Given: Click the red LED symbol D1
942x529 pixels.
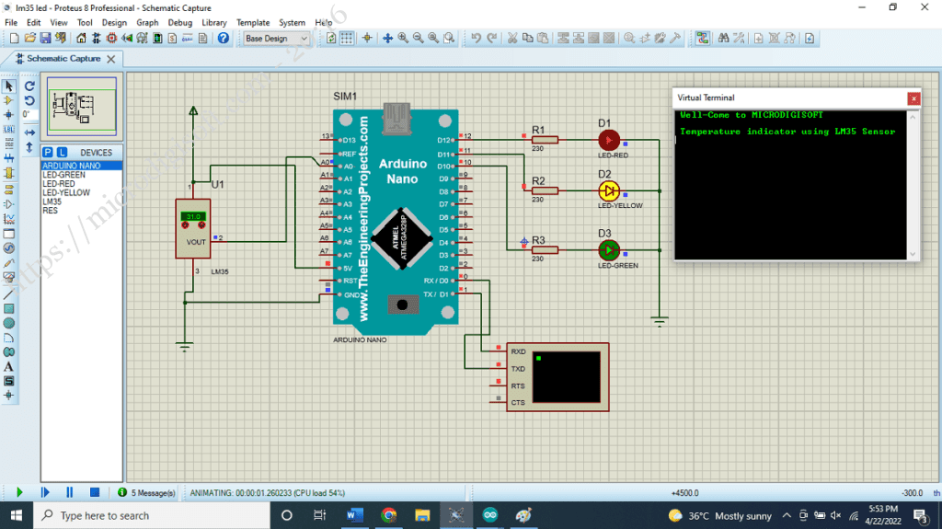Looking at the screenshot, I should point(608,140).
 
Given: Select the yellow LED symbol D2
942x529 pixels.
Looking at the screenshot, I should point(608,191).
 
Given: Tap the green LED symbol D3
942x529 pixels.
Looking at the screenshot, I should point(608,250).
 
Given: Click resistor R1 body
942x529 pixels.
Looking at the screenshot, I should point(546,140).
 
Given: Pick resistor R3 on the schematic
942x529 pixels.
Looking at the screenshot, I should point(546,249).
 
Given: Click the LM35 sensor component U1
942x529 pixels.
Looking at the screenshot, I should point(193,229).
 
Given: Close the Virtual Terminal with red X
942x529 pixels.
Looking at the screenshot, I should point(913,98).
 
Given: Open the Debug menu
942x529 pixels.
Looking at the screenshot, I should point(180,22).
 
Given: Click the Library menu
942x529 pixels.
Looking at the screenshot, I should point(214,22).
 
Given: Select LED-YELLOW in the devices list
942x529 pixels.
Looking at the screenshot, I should point(66,193).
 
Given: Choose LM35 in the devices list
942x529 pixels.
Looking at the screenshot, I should point(52,201).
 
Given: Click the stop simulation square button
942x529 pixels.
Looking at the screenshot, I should point(94,493).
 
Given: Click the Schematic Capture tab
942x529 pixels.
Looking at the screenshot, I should point(63,58).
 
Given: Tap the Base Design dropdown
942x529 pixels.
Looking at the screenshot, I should point(276,39).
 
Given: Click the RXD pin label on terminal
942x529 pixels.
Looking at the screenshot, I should point(518,351).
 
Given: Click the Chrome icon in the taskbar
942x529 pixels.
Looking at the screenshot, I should point(388,515).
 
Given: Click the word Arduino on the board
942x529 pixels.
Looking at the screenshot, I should point(402,164).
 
